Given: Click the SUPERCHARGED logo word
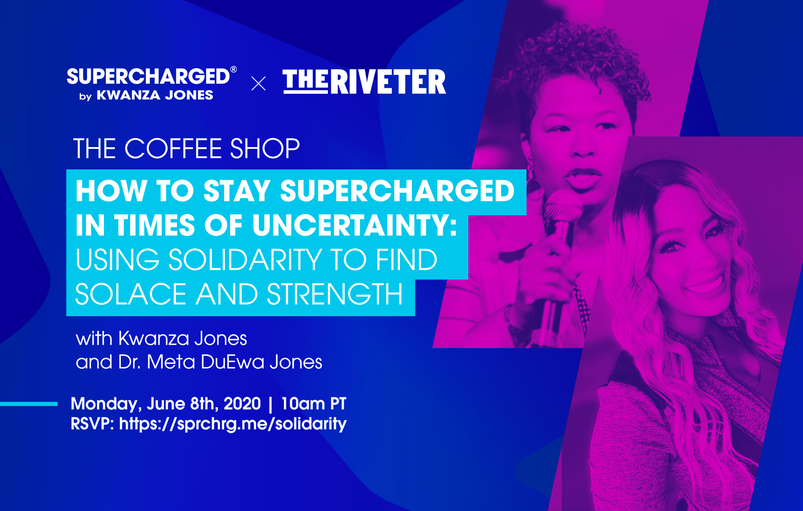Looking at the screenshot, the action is click(148, 77).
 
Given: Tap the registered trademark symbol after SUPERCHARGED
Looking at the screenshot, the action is click(234, 70).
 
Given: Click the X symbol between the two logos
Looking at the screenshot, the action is click(258, 83).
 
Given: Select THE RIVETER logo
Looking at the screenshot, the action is click(364, 82).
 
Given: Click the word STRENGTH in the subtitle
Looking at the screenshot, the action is click(335, 294).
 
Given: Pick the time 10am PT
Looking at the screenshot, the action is click(313, 404).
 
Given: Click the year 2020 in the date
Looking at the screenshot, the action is click(242, 404).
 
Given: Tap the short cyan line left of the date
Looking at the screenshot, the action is click(29, 404).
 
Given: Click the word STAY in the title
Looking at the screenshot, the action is click(236, 191).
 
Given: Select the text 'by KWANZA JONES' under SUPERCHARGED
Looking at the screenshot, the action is click(146, 96).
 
